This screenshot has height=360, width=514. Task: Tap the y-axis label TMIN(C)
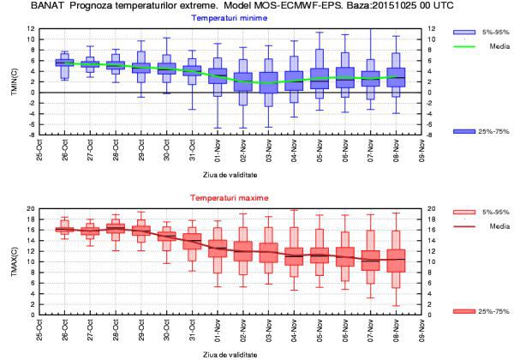pyautogui.click(x=14, y=82)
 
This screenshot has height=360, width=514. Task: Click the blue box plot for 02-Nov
pyautogui.click(x=243, y=82)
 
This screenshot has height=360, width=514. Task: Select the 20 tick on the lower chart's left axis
pyautogui.click(x=31, y=209)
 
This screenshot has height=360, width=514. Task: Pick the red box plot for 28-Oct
pyautogui.click(x=117, y=230)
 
